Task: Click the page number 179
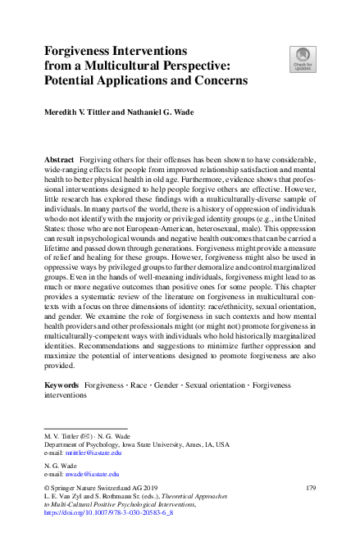point(311,487)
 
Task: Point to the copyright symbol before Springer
point(46,487)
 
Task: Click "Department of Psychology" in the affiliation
point(75,444)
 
